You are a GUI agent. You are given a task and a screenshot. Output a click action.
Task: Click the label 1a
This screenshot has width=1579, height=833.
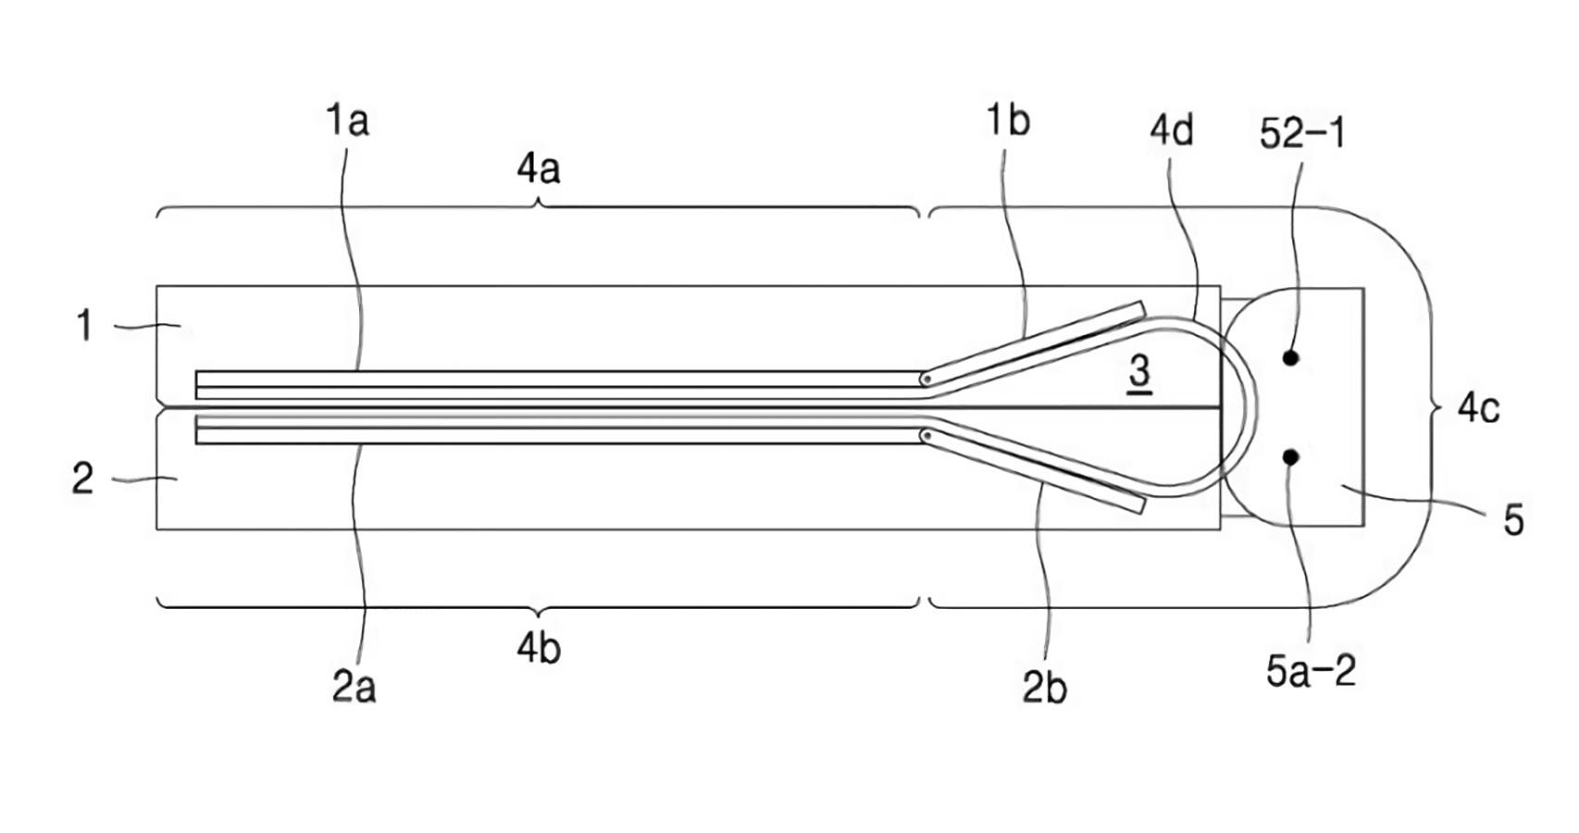tap(347, 120)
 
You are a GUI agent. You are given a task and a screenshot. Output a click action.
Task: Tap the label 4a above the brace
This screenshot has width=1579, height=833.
tap(540, 169)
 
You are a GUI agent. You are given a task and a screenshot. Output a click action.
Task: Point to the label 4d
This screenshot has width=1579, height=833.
tap(1172, 131)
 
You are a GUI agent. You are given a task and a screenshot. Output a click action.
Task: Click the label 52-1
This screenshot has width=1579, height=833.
tap(1302, 133)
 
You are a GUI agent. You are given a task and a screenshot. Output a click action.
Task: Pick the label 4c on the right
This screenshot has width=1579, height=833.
tap(1479, 409)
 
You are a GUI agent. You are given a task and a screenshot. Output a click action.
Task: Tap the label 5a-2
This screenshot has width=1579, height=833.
tap(1312, 670)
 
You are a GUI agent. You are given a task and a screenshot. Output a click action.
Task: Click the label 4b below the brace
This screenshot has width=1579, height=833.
tap(540, 649)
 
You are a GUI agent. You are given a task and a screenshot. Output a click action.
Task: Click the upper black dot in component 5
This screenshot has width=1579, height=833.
tap(1291, 358)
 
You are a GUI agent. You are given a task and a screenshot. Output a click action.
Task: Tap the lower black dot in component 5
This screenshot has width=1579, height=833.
tap(1291, 457)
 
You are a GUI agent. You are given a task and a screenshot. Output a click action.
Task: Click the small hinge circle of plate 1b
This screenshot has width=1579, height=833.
tap(926, 379)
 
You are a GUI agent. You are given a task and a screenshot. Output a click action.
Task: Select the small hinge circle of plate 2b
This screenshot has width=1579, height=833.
tap(926, 436)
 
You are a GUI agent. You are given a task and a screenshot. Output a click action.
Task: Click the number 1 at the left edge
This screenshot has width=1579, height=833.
tap(84, 327)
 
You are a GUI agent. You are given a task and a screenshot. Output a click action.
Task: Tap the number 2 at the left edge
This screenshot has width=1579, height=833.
tap(82, 479)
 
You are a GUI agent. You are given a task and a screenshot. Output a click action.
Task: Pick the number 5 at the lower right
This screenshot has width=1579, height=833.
tap(1513, 521)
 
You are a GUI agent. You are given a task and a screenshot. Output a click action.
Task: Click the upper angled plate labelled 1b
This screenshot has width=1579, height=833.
tap(1033, 344)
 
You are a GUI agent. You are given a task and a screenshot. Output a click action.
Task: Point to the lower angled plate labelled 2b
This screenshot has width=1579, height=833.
tap(1033, 471)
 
